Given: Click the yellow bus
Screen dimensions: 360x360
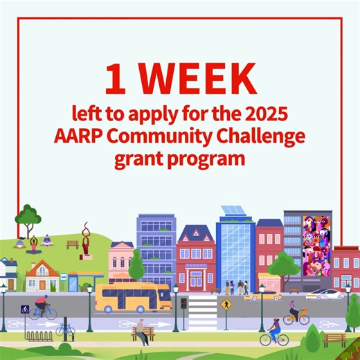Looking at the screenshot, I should tap(132, 297).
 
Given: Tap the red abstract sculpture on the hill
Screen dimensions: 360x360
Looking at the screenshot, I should tap(86, 239).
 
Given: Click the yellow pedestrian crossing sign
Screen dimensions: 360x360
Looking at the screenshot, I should tap(225, 304).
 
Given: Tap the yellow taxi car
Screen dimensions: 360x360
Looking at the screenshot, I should tap(261, 296).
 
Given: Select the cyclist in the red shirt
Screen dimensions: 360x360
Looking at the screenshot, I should tap(43, 307).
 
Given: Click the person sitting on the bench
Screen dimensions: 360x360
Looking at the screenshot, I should tap(141, 332).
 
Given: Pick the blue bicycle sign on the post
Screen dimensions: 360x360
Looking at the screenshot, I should tap(25, 309).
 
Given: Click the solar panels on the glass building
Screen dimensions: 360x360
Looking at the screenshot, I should tap(233, 210).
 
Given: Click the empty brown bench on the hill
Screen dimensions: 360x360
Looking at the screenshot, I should tap(72, 244).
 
